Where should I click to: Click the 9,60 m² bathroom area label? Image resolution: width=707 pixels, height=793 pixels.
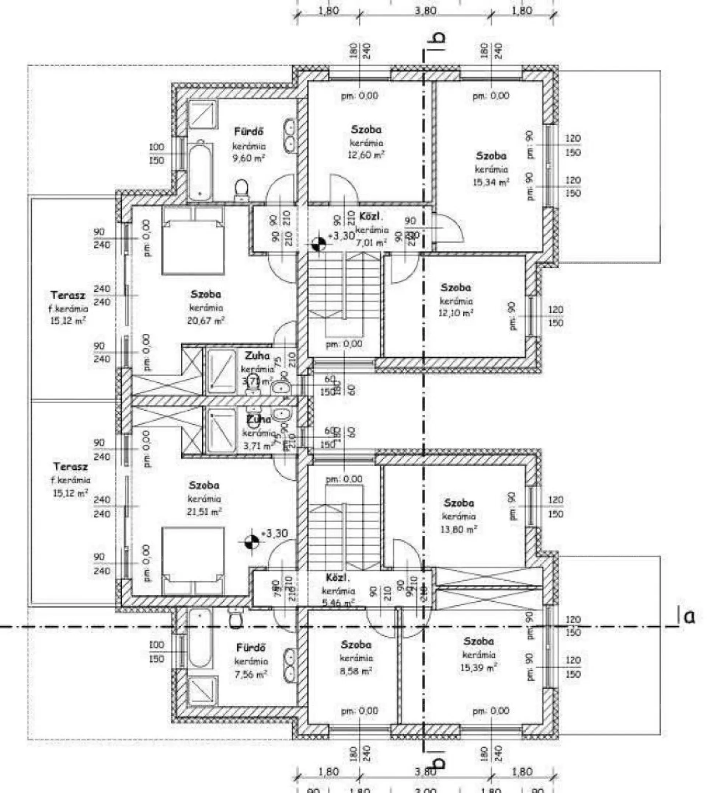[x=248, y=158]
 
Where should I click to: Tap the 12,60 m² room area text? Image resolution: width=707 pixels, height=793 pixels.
[x=366, y=155]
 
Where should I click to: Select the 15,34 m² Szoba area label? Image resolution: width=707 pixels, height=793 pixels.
[x=490, y=182]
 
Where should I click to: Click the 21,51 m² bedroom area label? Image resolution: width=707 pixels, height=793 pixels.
[x=205, y=512]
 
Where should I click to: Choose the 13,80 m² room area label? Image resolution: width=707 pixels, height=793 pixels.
[x=458, y=529]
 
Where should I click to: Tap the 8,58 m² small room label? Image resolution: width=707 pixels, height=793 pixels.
[x=355, y=670]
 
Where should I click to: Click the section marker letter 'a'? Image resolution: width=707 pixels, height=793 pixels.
[x=689, y=617]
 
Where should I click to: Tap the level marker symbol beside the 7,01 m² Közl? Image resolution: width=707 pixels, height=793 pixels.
[x=319, y=245]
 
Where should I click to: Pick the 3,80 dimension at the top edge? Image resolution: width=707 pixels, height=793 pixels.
[x=425, y=10]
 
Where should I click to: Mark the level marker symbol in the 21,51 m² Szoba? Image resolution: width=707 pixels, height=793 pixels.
[x=252, y=541]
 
